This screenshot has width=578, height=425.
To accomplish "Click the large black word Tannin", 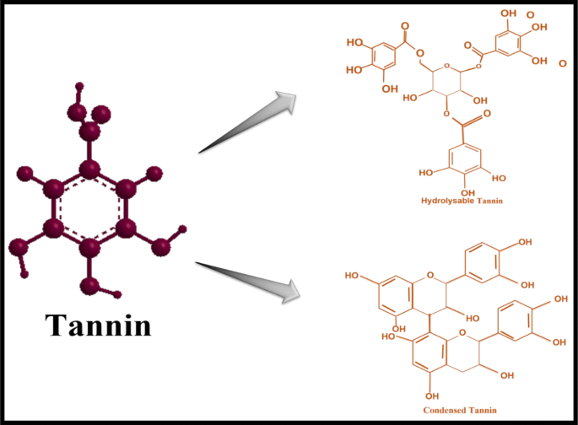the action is (98, 323).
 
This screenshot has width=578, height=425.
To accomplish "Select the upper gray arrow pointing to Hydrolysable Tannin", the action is (250, 124).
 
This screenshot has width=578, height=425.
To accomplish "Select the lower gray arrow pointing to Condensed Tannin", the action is (248, 280).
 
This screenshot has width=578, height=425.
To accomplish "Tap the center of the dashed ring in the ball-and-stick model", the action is (89, 207).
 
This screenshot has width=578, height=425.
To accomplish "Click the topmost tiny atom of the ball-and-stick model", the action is (79, 86).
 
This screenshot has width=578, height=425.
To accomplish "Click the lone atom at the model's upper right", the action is (154, 174).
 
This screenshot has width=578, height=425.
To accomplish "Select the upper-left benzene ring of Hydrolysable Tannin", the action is (379, 56).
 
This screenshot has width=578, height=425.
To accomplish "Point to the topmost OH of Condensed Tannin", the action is (524, 243).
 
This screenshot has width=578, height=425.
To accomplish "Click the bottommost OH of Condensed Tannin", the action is (432, 395).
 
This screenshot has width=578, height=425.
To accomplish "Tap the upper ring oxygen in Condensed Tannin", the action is (433, 275).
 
